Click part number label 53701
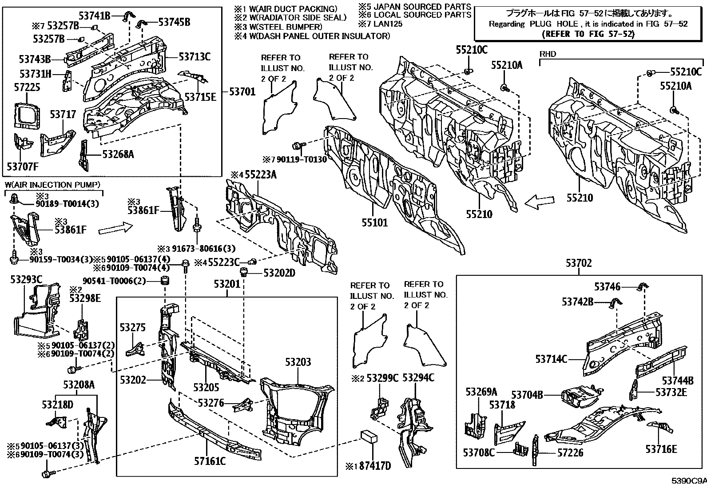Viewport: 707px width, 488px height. click(x=242, y=92)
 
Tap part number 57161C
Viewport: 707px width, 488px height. click(x=210, y=461)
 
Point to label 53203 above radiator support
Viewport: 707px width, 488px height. click(x=298, y=362)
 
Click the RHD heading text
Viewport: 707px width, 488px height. click(x=548, y=54)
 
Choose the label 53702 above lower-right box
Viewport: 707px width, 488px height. click(x=579, y=263)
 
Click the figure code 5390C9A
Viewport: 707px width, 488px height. click(x=688, y=481)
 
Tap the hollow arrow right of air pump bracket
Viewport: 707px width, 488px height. click(x=115, y=229)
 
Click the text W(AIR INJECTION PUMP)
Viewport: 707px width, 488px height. click(x=52, y=185)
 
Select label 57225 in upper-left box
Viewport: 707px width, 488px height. click(x=27, y=87)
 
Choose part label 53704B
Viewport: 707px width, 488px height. click(x=527, y=395)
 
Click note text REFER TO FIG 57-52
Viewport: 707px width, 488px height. click(x=584, y=34)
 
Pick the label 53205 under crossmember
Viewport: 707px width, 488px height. click(x=206, y=387)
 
